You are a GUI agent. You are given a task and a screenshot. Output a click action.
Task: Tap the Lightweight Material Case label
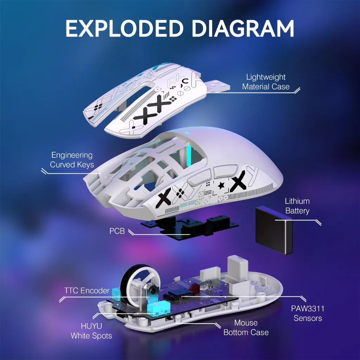266,82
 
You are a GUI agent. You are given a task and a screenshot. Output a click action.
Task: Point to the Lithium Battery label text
297,206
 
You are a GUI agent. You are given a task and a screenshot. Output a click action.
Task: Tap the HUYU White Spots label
91,331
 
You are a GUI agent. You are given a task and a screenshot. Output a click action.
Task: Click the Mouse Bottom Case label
246,327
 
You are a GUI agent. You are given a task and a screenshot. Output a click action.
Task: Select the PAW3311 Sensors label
308,314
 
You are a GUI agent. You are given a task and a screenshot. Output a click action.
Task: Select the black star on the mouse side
221,185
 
